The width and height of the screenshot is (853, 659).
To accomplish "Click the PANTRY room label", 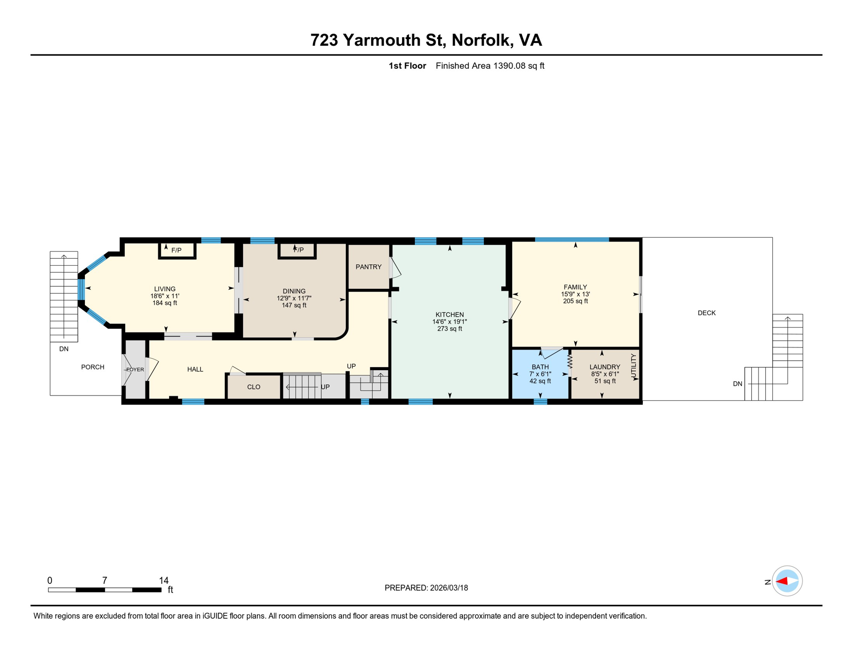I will [x=368, y=267].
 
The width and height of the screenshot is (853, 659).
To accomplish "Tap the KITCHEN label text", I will [x=449, y=314].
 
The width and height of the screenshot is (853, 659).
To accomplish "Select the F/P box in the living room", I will [x=177, y=250].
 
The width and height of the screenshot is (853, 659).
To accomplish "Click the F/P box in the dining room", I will [x=297, y=251].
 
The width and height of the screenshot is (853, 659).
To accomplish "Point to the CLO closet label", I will [x=254, y=387].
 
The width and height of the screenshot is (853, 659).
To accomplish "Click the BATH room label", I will [x=540, y=367].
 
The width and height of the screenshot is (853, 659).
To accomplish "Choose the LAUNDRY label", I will [x=605, y=367].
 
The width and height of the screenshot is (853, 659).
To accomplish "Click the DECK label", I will [x=706, y=313].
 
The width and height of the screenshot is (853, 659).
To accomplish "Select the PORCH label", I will [x=93, y=367].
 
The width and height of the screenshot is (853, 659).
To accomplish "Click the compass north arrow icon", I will [x=787, y=581].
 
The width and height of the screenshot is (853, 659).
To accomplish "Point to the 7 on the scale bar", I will [x=104, y=580].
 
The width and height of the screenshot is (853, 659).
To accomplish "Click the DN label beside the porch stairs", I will [x=64, y=349].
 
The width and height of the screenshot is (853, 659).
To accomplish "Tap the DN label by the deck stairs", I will [x=737, y=384].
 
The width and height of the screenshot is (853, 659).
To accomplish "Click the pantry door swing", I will [x=395, y=268].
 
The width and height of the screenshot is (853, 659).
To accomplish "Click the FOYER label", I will [x=135, y=369].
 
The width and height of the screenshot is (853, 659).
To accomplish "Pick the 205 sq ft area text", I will [x=575, y=301].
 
